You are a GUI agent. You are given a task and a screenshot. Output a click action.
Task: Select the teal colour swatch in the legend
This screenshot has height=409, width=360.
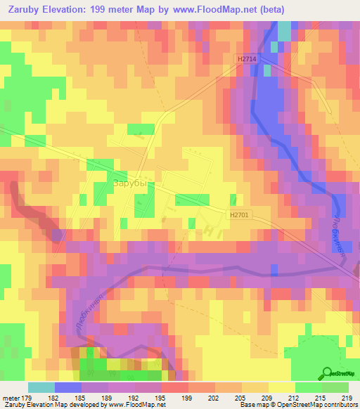click(41, 387)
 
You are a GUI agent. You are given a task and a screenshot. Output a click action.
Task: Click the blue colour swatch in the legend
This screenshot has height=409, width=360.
click(68, 387)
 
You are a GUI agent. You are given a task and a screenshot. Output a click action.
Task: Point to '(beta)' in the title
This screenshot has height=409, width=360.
click(301, 11)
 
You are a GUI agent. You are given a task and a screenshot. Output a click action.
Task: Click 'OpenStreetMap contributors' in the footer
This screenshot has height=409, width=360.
click(320, 405)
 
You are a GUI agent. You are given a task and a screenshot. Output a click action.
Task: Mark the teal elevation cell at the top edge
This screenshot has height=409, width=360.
click(284, 30)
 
